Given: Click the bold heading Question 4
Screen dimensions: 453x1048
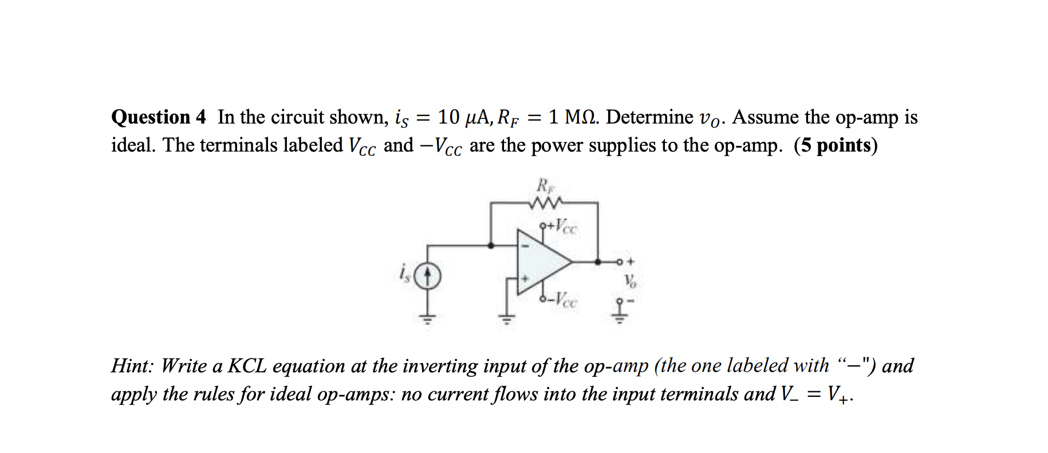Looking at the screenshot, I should (x=158, y=117).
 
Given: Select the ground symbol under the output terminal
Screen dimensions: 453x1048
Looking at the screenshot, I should (x=619, y=317).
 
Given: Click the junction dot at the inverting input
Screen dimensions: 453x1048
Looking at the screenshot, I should (x=491, y=245).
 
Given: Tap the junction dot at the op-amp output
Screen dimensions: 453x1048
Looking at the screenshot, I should (x=598, y=262).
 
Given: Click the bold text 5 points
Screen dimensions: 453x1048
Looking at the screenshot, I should (x=836, y=146).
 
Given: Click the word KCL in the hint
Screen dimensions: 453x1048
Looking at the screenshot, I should (x=247, y=365).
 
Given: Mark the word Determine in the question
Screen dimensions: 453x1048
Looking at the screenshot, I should (x=649, y=117).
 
